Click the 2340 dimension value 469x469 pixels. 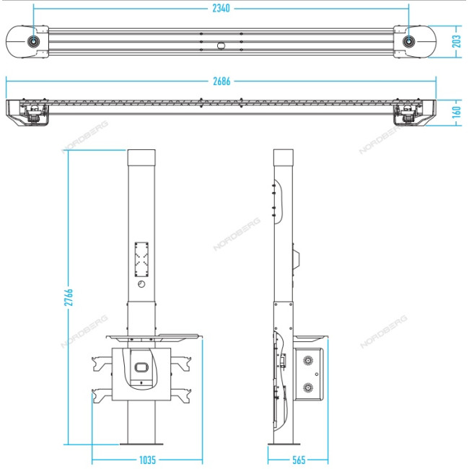pos(221,9)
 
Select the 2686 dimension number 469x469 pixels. pos(222,81)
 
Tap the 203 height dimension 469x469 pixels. pos(457,41)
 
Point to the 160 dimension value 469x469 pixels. pos(457,112)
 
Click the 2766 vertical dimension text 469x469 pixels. pos(69,297)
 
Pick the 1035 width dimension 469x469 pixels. pos(147,460)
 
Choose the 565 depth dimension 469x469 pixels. pos(299,460)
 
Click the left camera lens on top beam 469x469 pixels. pos(33,41)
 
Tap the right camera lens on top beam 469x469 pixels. pos(408,41)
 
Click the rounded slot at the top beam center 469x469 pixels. pos(221,45)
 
